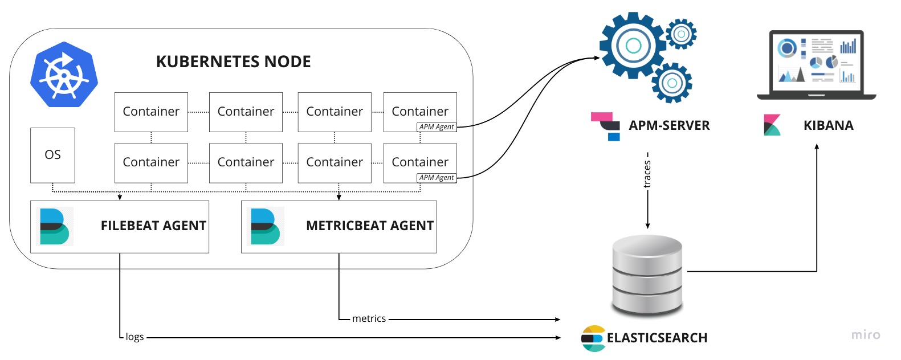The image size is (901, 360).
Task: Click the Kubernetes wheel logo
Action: pos(64,75)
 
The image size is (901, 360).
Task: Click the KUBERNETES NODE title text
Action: pos(233,62)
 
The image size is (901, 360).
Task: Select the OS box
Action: pos(52,155)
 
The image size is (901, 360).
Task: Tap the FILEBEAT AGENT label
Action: pos(153,226)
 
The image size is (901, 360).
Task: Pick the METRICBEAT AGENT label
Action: pos(370,226)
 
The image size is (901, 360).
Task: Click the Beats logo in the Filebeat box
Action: pos(54,227)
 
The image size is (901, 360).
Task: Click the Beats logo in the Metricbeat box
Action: pos(265,227)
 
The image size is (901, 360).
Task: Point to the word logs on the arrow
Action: pos(134,337)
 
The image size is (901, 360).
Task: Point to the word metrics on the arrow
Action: pos(369,318)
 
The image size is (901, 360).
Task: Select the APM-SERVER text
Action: pos(669,126)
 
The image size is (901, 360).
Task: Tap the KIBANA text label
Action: pos(828,126)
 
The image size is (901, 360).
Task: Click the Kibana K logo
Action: pos(772,125)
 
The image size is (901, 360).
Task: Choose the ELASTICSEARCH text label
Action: pos(657,338)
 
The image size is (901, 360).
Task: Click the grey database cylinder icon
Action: pos(647,275)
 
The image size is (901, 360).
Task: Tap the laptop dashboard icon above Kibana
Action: pos(816,64)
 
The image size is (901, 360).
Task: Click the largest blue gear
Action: pos(633,46)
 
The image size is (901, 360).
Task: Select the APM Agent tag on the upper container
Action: pos(437,127)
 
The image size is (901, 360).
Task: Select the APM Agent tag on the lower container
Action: pos(437,178)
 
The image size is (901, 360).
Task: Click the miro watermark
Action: pos(865,335)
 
